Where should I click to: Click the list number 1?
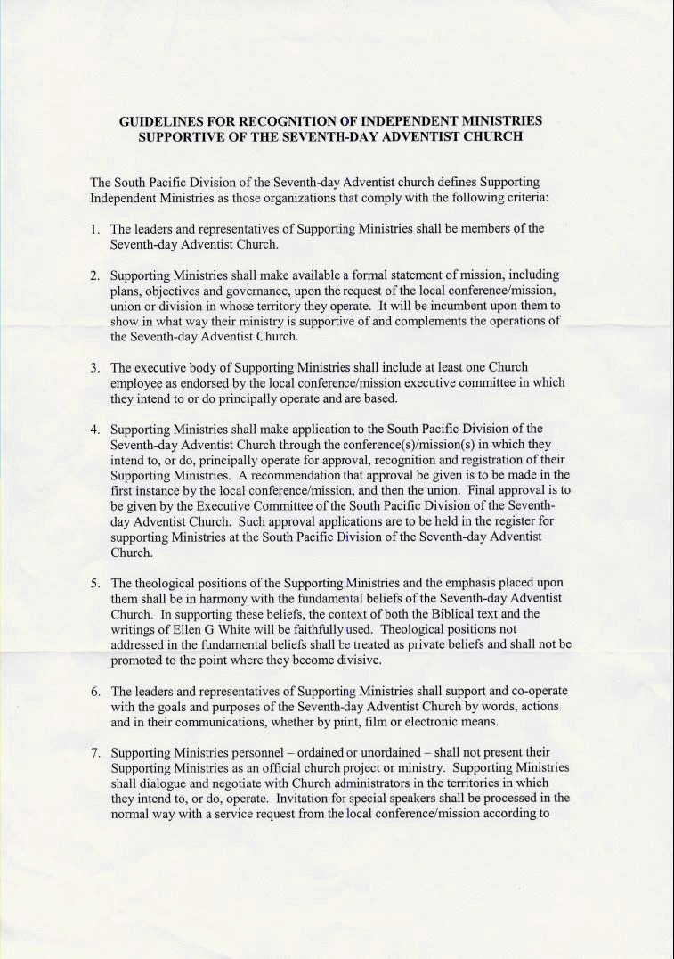tap(94, 228)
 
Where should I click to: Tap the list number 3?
tap(94, 367)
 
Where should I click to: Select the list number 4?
tap(94, 430)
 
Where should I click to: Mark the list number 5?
tap(94, 583)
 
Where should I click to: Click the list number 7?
tap(94, 753)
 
